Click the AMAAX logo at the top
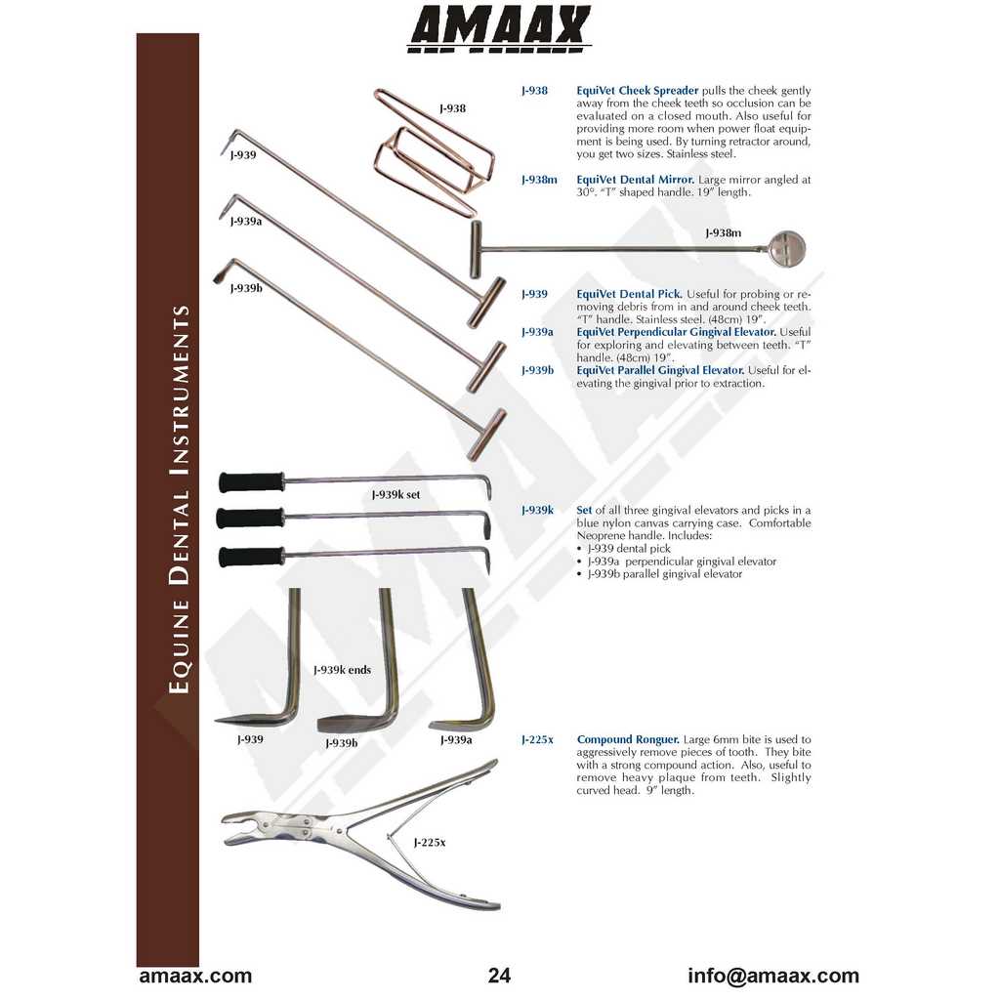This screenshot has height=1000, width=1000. (x=499, y=28)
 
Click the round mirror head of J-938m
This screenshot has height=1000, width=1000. (x=788, y=249)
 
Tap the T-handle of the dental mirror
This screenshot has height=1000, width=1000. (x=476, y=249)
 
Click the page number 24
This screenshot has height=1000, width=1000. (x=499, y=976)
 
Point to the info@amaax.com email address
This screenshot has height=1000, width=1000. (x=773, y=976)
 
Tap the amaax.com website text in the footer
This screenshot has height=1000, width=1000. (x=195, y=976)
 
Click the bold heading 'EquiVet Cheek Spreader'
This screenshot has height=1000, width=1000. (x=637, y=91)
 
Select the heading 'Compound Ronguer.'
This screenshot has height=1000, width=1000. (x=628, y=740)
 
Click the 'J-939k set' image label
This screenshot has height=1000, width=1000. (x=396, y=494)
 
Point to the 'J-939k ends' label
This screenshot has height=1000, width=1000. (x=342, y=670)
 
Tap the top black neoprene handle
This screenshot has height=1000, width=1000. (x=251, y=482)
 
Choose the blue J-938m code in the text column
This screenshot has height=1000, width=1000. (x=539, y=180)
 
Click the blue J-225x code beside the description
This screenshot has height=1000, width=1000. (x=537, y=740)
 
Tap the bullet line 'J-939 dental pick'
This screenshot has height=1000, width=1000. (x=629, y=549)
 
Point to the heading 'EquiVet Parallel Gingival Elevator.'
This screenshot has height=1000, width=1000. (x=661, y=370)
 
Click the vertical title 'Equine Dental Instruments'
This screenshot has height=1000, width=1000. (x=180, y=499)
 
